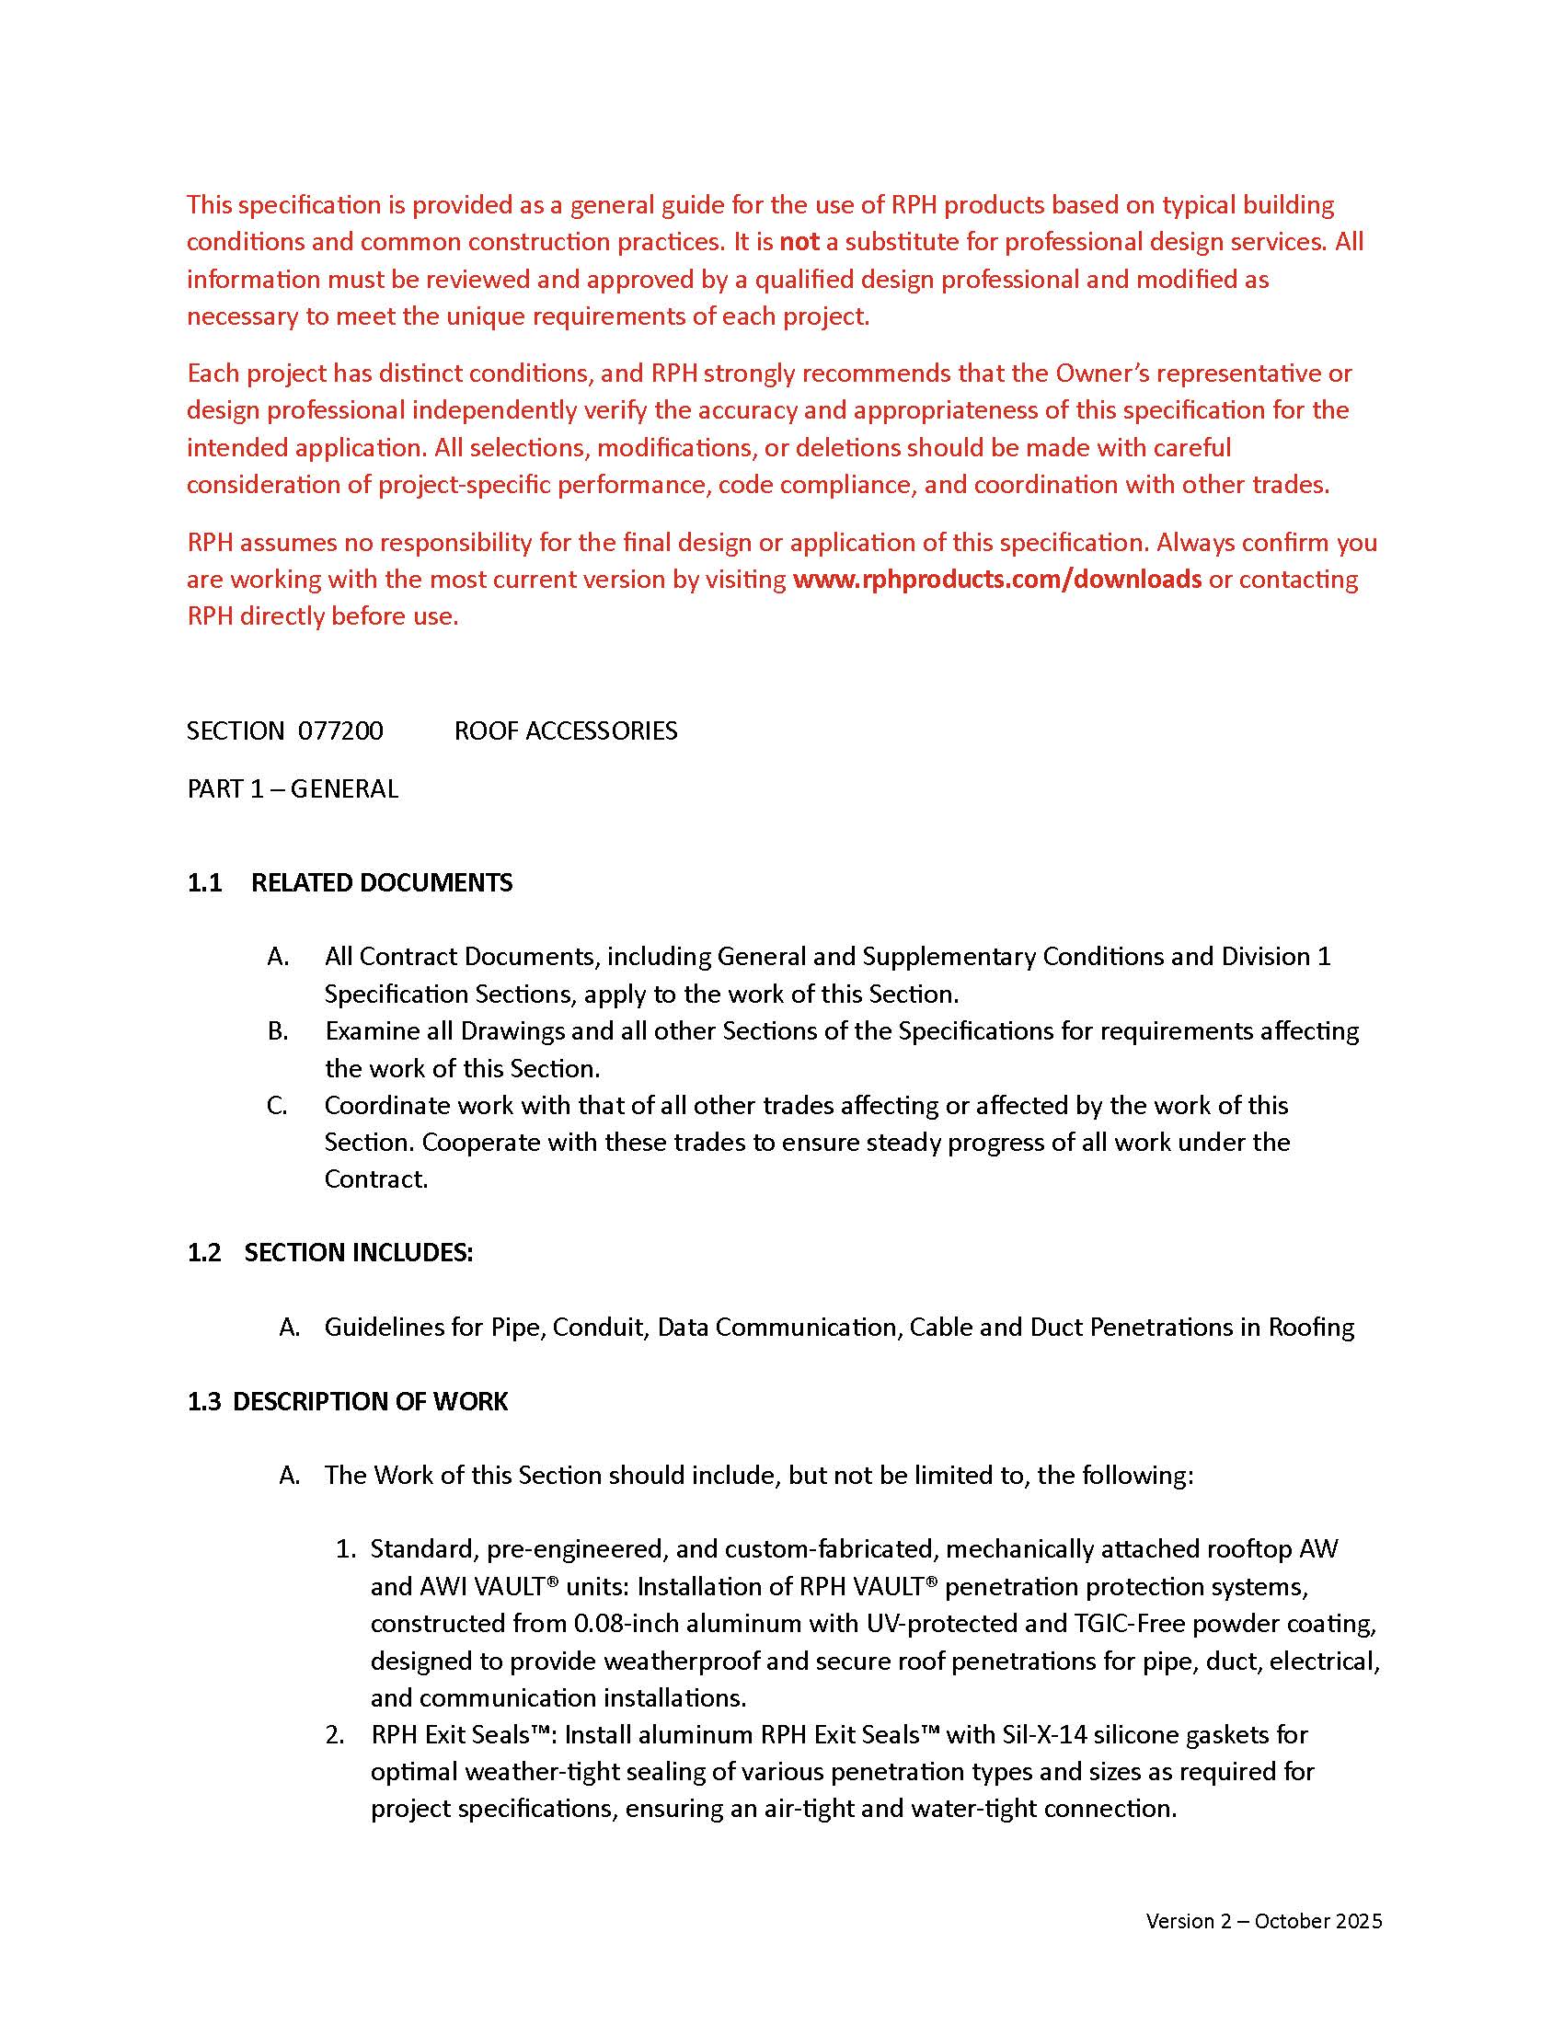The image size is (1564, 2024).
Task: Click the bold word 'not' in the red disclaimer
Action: point(799,242)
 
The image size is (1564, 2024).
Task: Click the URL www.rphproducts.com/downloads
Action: point(997,580)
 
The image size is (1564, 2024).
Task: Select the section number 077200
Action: point(340,731)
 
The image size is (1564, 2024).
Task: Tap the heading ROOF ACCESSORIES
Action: point(565,731)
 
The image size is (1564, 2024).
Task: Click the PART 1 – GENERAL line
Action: point(292,788)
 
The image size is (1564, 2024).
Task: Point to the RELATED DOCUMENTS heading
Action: point(382,882)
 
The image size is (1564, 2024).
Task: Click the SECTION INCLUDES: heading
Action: point(359,1253)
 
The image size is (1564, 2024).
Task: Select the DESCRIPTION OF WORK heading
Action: point(370,1401)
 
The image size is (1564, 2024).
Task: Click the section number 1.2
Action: point(204,1253)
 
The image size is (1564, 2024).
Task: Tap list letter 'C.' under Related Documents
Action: point(277,1106)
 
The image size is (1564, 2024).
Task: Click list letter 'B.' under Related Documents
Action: point(277,1031)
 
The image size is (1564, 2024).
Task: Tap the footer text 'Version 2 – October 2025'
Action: point(1263,1921)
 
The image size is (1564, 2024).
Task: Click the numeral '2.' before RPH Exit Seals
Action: point(336,1735)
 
